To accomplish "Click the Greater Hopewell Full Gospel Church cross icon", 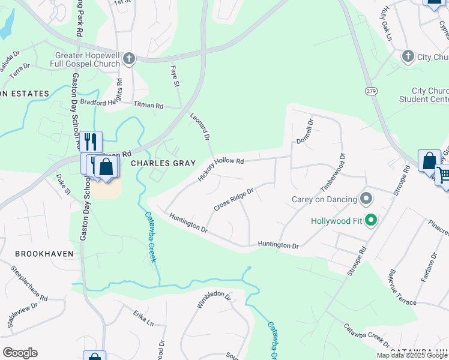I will point(129,59).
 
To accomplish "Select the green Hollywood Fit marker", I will point(371,221).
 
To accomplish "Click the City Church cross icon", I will point(408,56).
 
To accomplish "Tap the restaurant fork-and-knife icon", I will point(91,142).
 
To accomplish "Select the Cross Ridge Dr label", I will point(234,199).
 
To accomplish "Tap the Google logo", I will point(20,353).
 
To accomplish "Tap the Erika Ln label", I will point(143,318).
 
